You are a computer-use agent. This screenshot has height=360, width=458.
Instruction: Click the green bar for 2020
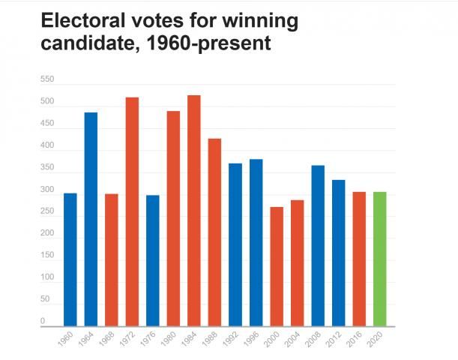(x=380, y=259)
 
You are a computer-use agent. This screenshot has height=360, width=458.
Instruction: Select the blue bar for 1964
(x=91, y=219)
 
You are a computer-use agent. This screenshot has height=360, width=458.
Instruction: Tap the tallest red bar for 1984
(x=194, y=211)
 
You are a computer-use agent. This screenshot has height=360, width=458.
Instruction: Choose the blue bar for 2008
(x=318, y=245)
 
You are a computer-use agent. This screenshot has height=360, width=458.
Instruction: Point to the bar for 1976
(x=153, y=260)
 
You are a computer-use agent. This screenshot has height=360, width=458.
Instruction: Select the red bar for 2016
(x=359, y=259)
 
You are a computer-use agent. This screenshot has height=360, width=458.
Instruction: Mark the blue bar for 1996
(x=256, y=242)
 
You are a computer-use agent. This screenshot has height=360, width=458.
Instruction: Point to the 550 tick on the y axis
(x=47, y=79)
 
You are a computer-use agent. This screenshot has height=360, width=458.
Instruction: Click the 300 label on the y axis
(x=47, y=190)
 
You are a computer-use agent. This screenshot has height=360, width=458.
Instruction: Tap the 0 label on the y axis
(x=43, y=321)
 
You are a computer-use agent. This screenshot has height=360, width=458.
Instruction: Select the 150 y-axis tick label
(x=47, y=256)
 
